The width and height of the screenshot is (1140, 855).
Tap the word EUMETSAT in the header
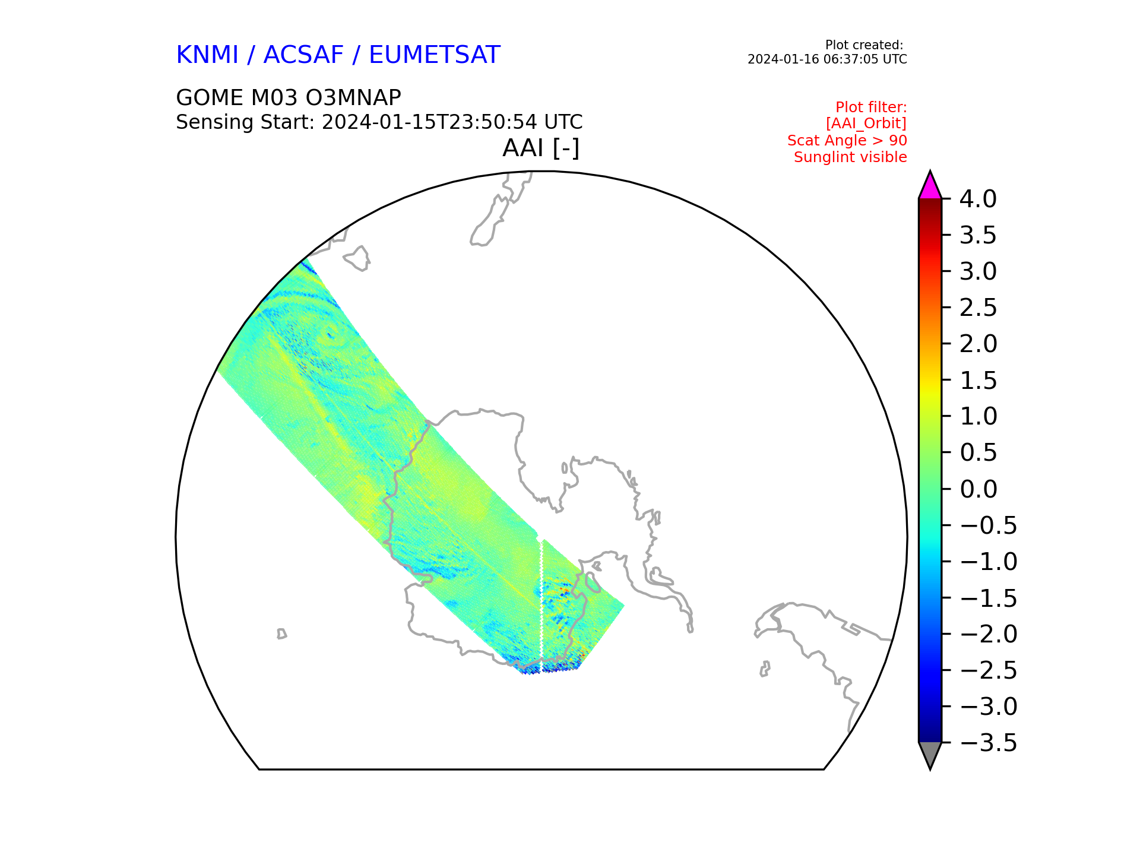pyautogui.click(x=435, y=55)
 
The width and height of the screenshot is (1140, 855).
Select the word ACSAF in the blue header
pyautogui.click(x=303, y=55)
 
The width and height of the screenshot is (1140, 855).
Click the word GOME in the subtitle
pyautogui.click(x=210, y=98)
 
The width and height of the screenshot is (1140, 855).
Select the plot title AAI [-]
pyautogui.click(x=541, y=148)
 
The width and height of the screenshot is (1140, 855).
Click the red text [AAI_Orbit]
pyautogui.click(x=866, y=123)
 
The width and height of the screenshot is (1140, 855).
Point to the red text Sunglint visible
pyautogui.click(x=850, y=157)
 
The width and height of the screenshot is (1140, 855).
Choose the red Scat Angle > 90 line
pyautogui.click(x=847, y=141)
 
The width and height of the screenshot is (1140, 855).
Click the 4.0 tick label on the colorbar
pyautogui.click(x=978, y=199)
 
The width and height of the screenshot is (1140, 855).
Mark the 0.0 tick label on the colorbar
pyautogui.click(x=978, y=489)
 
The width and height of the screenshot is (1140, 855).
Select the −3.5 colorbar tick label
pyautogui.click(x=989, y=743)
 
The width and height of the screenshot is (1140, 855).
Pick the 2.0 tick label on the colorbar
pyautogui.click(x=978, y=344)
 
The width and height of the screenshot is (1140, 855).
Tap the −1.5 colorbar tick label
pyautogui.click(x=989, y=598)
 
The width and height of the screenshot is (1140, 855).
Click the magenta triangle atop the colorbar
pyautogui.click(x=930, y=188)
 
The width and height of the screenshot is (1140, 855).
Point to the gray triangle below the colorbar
pyautogui.click(x=930, y=753)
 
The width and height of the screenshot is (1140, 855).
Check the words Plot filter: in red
pyautogui.click(x=871, y=107)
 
